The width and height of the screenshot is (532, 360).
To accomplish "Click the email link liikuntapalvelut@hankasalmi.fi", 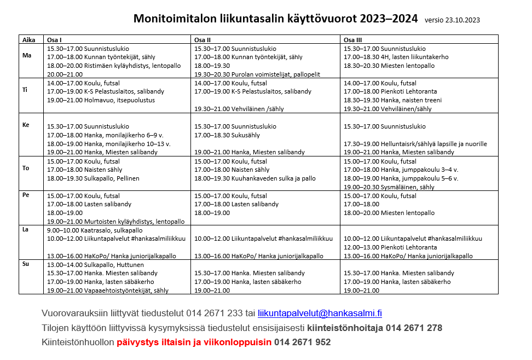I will [x=320, y=313].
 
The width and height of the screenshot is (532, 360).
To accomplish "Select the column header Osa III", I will [x=353, y=39].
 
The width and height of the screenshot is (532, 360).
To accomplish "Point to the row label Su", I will [x=26, y=264].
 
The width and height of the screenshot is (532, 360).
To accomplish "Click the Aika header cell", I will [x=28, y=39].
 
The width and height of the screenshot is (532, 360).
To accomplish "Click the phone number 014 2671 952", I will [x=302, y=342].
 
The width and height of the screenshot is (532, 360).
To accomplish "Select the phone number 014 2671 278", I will [x=414, y=328].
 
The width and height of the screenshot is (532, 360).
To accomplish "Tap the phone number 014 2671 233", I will [x=214, y=313].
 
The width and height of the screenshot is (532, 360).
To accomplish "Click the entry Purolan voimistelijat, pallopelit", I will [x=257, y=74].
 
